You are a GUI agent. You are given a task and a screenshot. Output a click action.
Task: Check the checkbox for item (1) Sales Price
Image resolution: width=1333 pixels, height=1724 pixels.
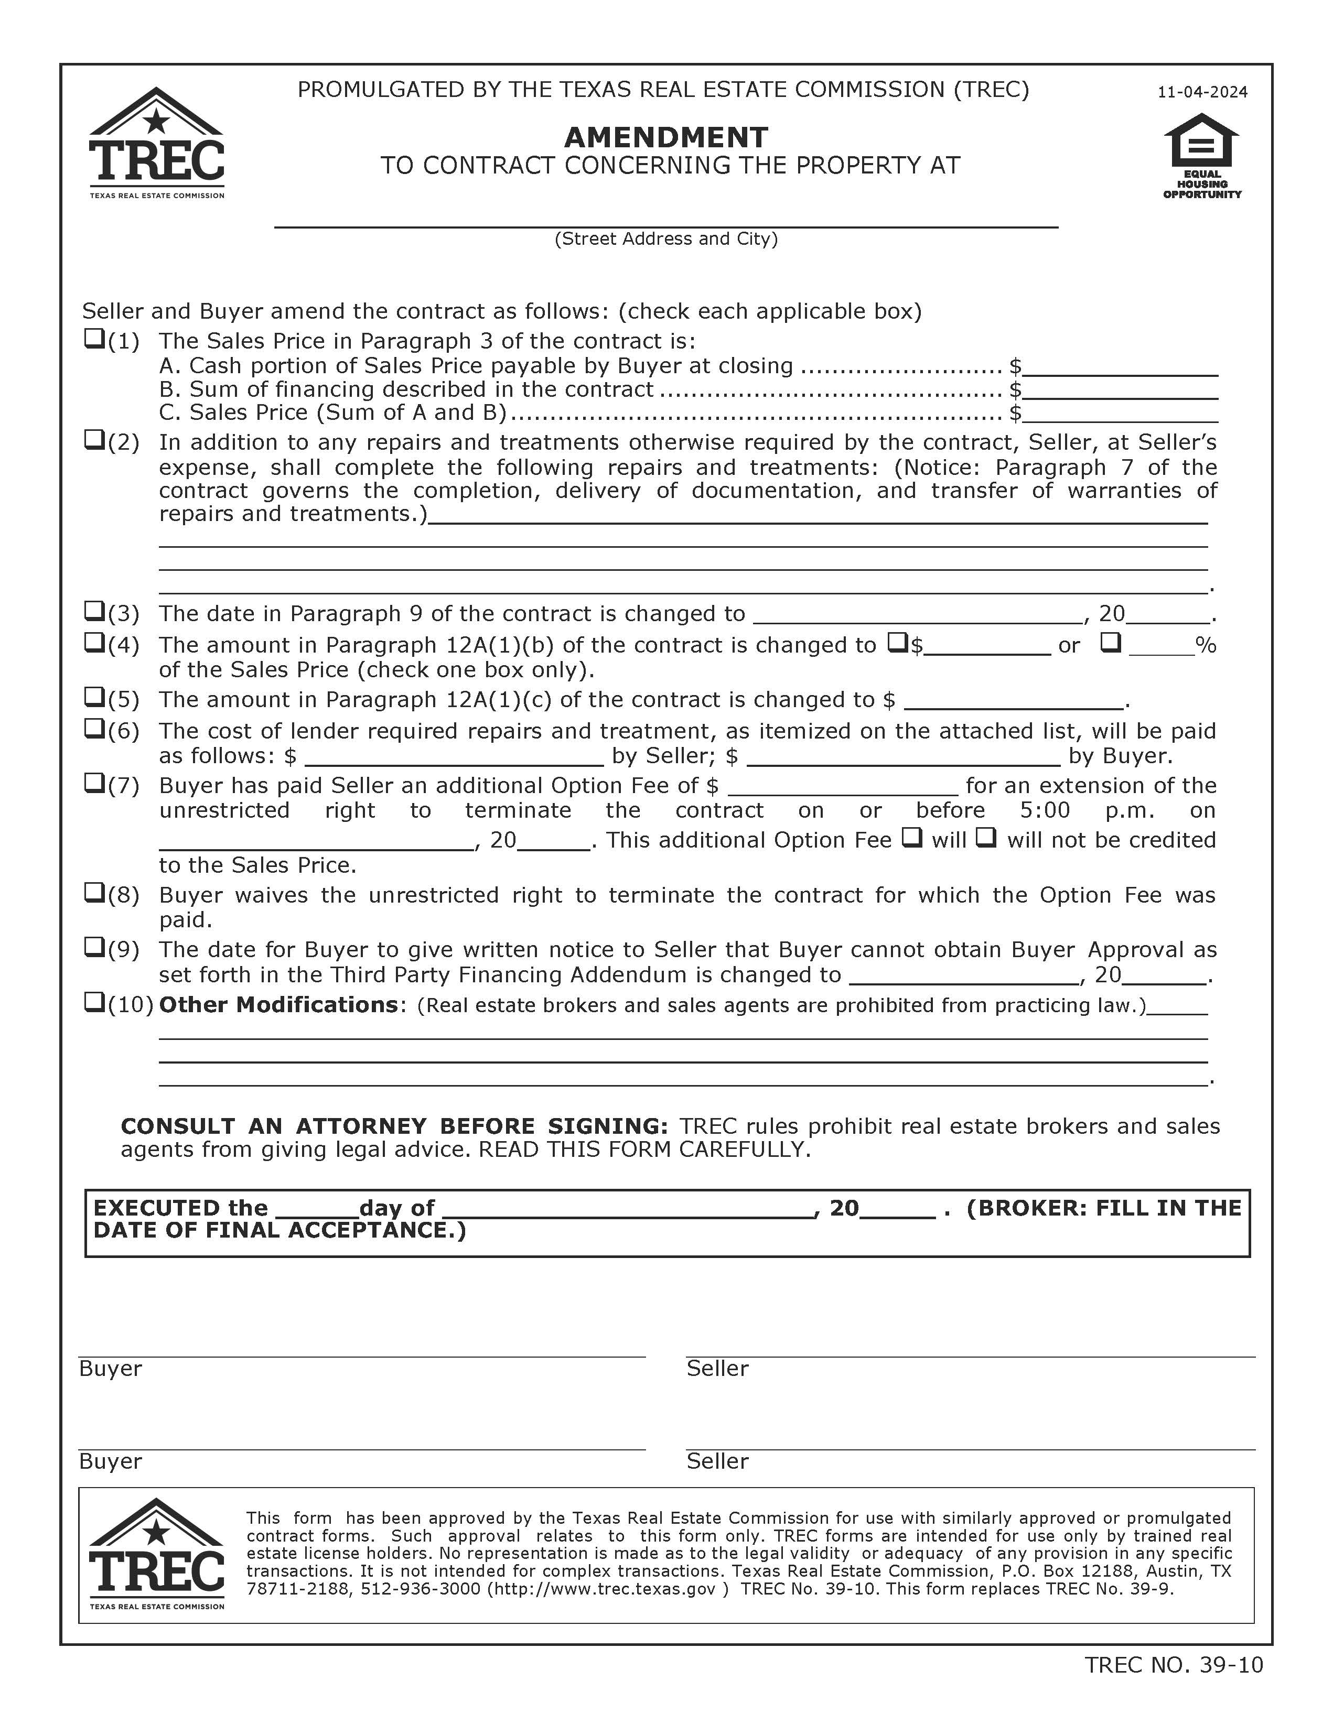[x=94, y=340]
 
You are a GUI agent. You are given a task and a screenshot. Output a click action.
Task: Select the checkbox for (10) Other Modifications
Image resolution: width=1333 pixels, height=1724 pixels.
[x=94, y=1003]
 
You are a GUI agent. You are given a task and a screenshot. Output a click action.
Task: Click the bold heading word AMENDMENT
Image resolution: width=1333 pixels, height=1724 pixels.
[x=665, y=137]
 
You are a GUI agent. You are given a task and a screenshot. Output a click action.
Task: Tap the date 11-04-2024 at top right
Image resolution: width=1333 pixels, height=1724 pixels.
[x=1202, y=92]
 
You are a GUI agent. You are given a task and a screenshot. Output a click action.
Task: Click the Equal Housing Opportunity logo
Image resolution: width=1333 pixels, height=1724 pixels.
[x=1201, y=156]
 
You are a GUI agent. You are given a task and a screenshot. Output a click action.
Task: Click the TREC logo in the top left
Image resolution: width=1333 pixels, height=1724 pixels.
[x=156, y=144]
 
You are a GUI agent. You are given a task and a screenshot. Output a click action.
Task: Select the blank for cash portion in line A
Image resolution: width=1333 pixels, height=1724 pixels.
[x=1120, y=367]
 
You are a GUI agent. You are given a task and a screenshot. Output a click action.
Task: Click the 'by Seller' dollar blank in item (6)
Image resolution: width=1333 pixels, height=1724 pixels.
[x=454, y=757]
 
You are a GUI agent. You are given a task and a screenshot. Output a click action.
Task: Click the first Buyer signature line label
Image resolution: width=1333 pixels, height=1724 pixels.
[x=111, y=1369]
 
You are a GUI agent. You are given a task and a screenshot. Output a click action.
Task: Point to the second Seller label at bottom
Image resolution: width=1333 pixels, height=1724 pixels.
[x=717, y=1461]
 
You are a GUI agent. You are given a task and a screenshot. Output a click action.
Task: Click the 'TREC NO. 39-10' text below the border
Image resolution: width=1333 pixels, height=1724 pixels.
[x=1174, y=1665]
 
